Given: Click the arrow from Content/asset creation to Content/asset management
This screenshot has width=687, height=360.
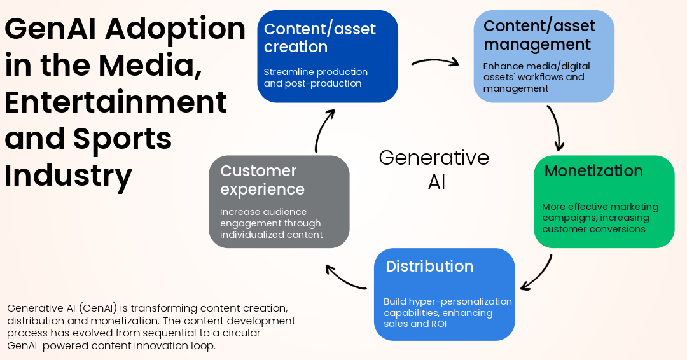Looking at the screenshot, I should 435,62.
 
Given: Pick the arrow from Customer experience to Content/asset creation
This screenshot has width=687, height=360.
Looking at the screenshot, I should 324,130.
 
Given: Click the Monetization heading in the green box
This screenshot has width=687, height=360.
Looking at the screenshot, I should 593,171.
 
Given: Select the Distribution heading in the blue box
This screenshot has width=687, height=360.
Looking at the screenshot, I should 429,266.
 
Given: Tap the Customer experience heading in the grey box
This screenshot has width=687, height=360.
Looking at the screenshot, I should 262,180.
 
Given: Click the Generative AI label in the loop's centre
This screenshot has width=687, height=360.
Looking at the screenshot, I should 434,169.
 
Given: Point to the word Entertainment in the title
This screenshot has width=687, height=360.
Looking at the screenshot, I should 116,102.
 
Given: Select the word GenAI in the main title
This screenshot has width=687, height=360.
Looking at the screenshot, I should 48,29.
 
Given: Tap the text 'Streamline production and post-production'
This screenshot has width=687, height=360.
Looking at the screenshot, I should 316,78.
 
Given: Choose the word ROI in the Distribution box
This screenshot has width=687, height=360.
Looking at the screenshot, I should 438,323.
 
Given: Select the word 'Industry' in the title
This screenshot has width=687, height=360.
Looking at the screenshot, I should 69,176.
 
